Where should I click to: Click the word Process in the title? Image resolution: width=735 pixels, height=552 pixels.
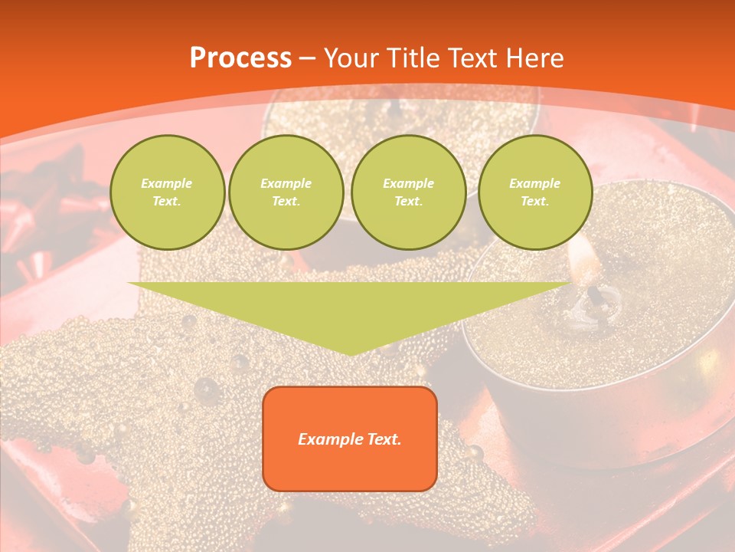coord(240,58)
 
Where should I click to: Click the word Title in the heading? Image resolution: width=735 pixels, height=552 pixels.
coord(413,58)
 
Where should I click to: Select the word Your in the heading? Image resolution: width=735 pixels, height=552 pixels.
coord(353,58)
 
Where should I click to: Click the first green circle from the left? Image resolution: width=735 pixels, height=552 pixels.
coord(168,192)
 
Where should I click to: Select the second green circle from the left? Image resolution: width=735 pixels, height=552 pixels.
coord(286,192)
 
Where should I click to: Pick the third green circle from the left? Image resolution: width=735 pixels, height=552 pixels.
coord(409,192)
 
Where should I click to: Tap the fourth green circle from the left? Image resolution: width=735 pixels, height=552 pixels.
coord(535,192)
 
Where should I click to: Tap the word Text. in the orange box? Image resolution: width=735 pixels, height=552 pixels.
coord(384,439)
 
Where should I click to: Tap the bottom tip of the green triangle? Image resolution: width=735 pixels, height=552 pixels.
coord(350,353)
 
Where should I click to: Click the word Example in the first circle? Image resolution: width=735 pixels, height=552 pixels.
coord(167,183)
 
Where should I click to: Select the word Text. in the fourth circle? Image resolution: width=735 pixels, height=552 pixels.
coord(535,202)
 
